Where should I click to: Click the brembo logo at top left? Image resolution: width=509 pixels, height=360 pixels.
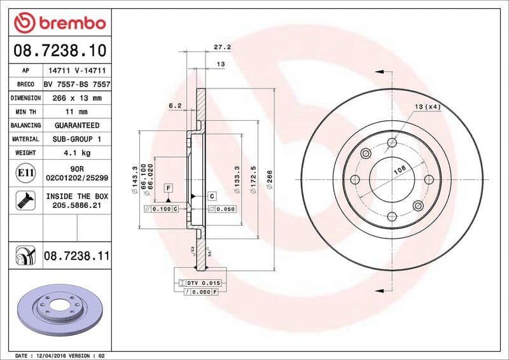pyautogui.click(x=59, y=23)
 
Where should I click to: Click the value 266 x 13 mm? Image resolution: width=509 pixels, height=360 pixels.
pyautogui.click(x=72, y=98)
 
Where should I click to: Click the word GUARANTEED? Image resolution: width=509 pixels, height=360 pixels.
pyautogui.click(x=76, y=125)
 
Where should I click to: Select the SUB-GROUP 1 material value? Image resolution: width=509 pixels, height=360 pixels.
pyautogui.click(x=76, y=139)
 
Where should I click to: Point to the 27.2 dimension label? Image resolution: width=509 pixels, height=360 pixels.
pyautogui.click(x=222, y=47)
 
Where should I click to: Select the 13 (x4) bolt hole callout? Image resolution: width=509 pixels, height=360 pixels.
pyautogui.click(x=428, y=106)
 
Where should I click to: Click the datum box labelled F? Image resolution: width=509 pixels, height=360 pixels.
pyautogui.click(x=169, y=188)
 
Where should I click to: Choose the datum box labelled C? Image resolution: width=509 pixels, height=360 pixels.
pyautogui.click(x=212, y=196)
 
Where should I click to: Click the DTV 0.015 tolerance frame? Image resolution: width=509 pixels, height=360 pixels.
pyautogui.click(x=200, y=282)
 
